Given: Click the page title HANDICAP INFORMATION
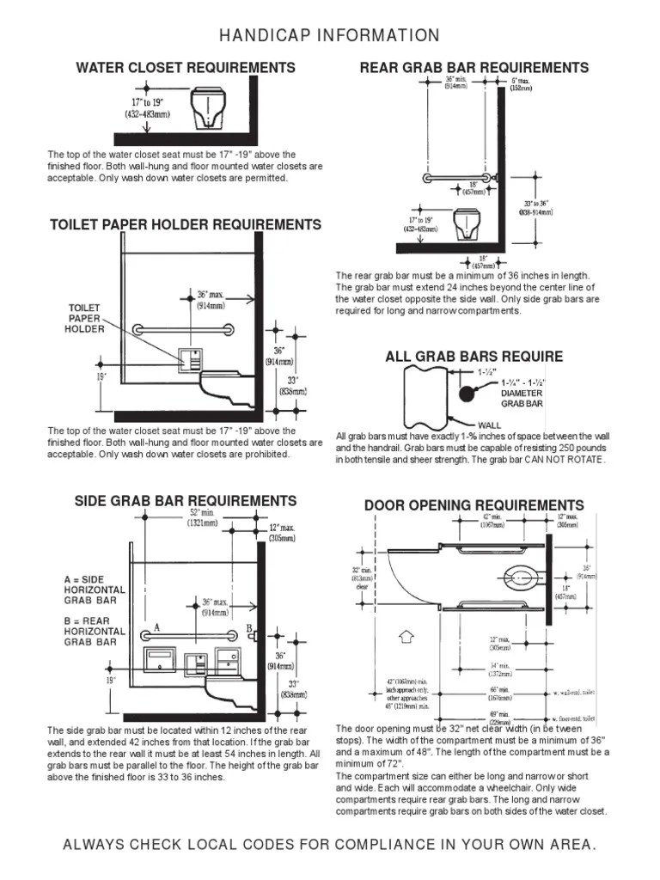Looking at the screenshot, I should click(330, 35).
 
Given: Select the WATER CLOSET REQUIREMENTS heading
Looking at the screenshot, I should click(186, 68).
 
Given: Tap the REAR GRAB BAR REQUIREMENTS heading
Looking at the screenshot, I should click(474, 68).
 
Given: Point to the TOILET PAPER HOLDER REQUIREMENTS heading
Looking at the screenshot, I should click(186, 225).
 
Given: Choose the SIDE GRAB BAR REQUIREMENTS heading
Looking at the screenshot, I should click(186, 501).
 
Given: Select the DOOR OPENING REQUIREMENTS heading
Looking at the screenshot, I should click(474, 505).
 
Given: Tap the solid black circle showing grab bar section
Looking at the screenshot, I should click(467, 394).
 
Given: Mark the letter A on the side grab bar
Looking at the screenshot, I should click(157, 628).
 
